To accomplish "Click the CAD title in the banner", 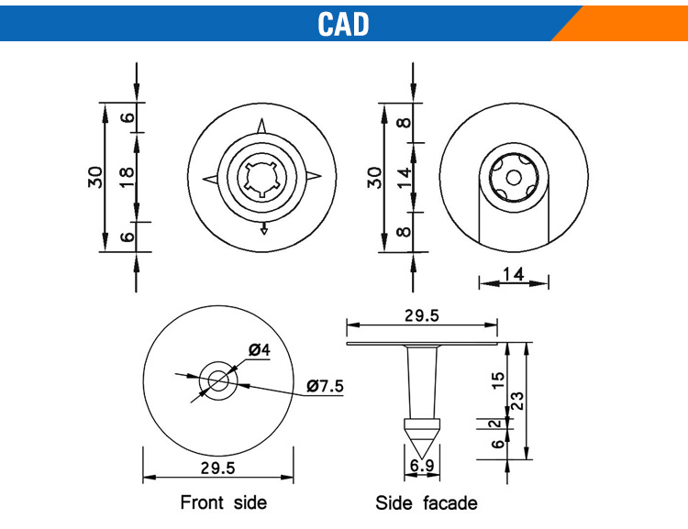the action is pyautogui.click(x=343, y=24).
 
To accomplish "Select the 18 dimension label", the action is pyautogui.click(x=127, y=177).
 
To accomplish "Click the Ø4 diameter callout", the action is pyautogui.click(x=260, y=350).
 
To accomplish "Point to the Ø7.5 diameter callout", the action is pyautogui.click(x=325, y=386).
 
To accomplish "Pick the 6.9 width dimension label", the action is pyautogui.click(x=422, y=466).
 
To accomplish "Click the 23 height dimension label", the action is pyautogui.click(x=517, y=401).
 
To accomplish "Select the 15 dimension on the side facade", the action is pyautogui.click(x=498, y=380).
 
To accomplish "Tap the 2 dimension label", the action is pyautogui.click(x=495, y=424).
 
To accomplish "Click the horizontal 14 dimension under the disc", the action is pyautogui.click(x=514, y=275).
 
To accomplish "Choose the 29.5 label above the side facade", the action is pyautogui.click(x=422, y=315).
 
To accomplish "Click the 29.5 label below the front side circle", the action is pyautogui.click(x=218, y=468).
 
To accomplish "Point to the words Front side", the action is pyautogui.click(x=223, y=502).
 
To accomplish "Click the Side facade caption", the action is pyautogui.click(x=426, y=503).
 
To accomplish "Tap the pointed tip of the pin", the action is pyautogui.click(x=422, y=458).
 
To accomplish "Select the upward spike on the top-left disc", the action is pyautogui.click(x=262, y=126).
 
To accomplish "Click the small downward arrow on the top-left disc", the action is pyautogui.click(x=263, y=228).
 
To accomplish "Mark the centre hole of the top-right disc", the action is pyautogui.click(x=514, y=178).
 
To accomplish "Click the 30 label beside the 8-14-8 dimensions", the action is pyautogui.click(x=374, y=178).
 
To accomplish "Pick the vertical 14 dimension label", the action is pyautogui.click(x=405, y=178).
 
